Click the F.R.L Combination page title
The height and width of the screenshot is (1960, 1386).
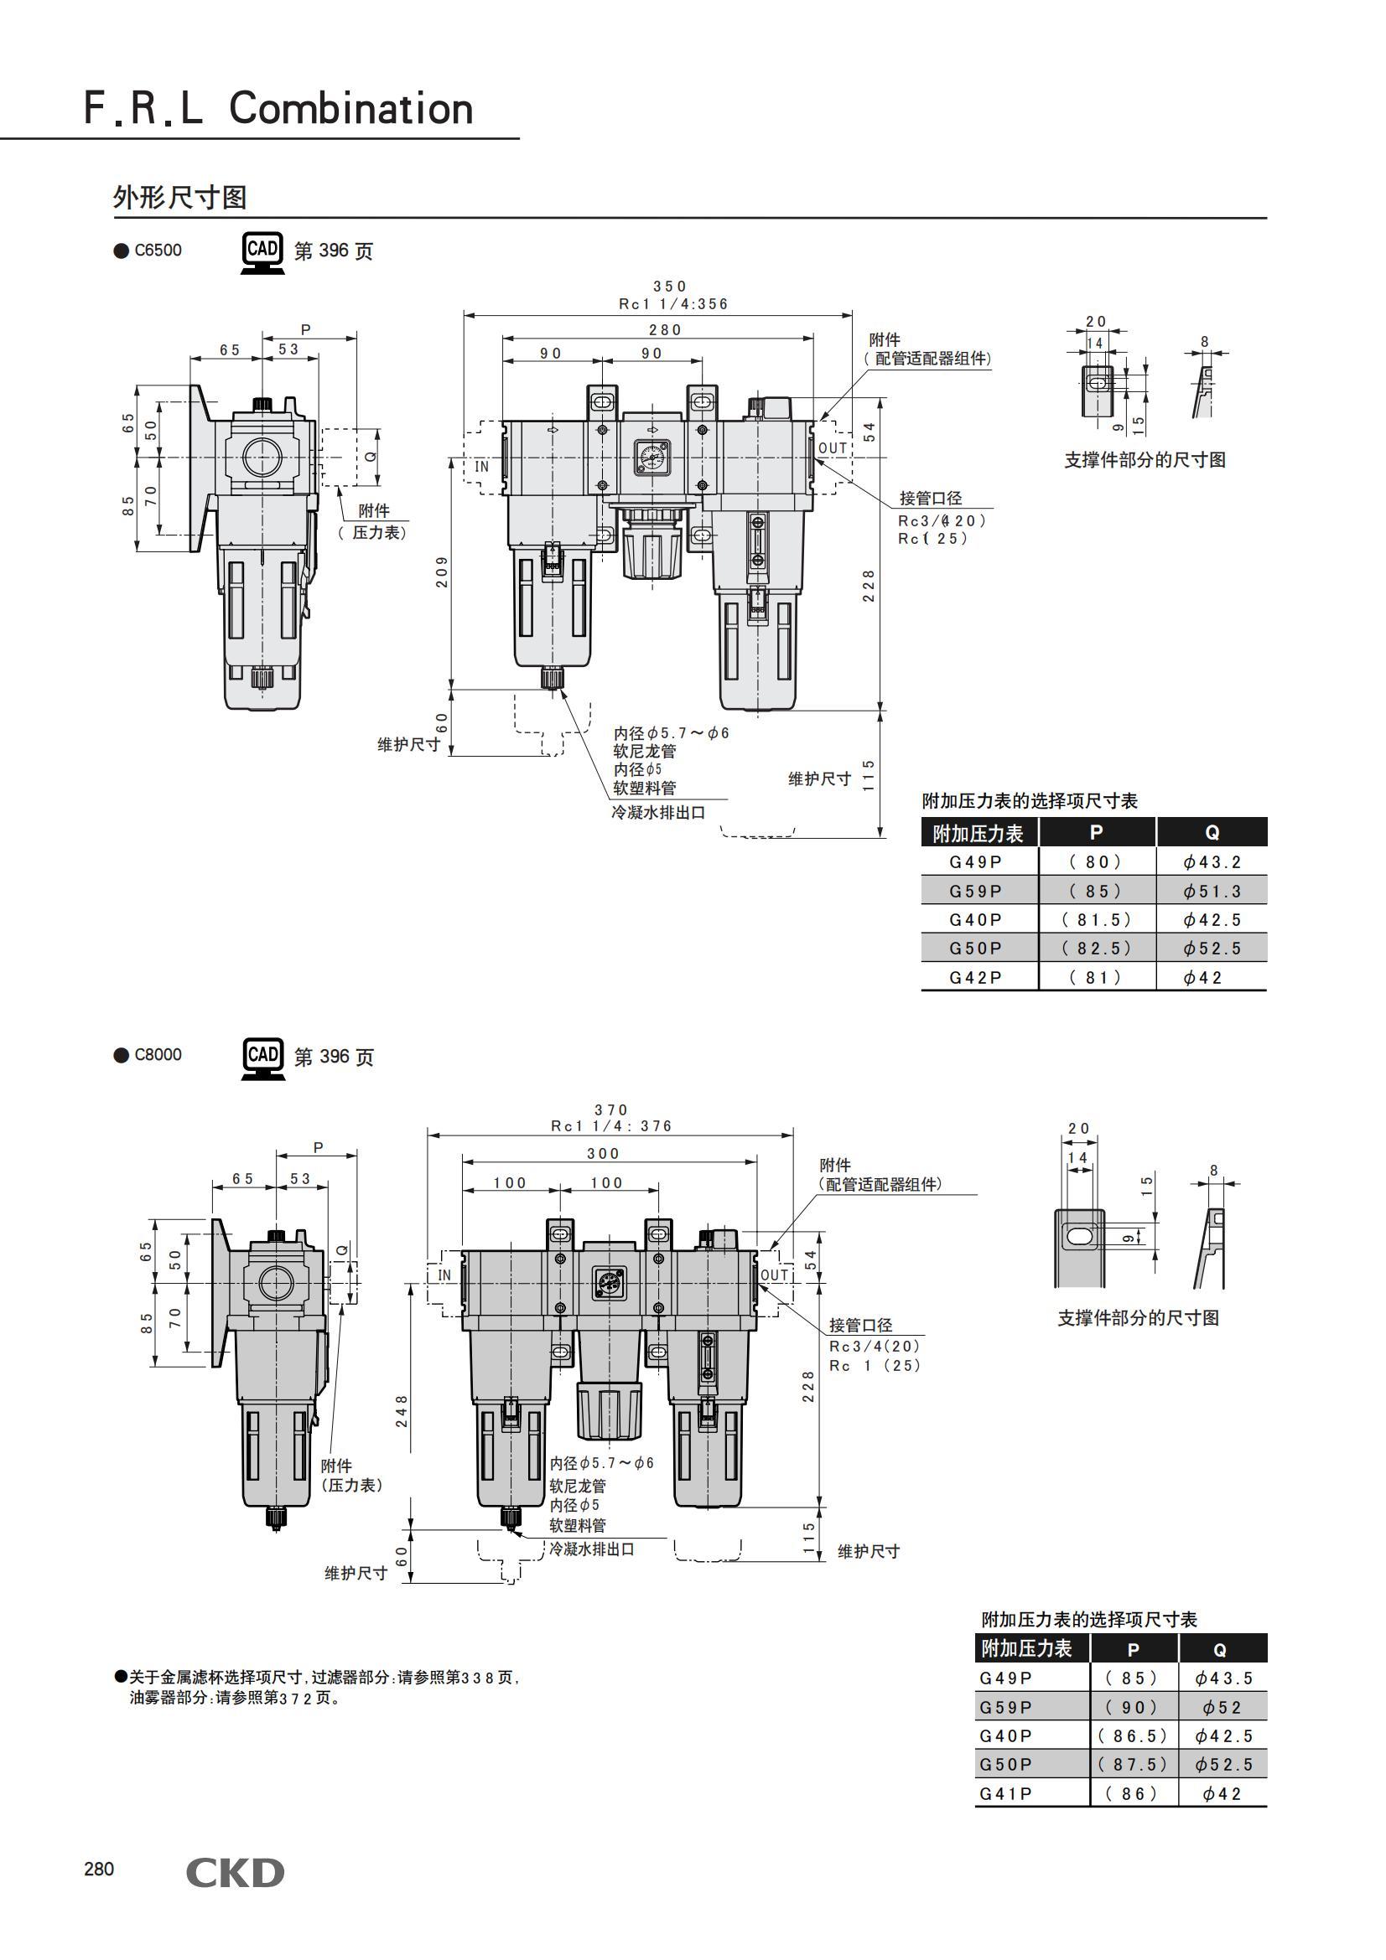(x=278, y=109)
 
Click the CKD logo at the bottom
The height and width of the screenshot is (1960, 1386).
(x=235, y=1873)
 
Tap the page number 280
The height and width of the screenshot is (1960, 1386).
(x=98, y=1869)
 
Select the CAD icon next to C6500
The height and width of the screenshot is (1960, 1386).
(x=262, y=252)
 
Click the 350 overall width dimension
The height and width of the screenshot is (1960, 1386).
(x=669, y=287)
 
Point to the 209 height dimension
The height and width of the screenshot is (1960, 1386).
(x=442, y=572)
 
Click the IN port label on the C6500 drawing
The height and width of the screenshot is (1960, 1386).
(x=481, y=466)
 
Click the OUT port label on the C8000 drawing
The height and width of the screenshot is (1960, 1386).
(x=775, y=1275)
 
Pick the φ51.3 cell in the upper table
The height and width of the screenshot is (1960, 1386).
(x=1212, y=892)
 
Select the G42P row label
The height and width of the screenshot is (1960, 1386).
(x=976, y=977)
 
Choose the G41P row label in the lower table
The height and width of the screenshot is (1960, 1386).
(x=1005, y=1793)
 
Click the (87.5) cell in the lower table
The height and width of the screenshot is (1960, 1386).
(x=1134, y=1764)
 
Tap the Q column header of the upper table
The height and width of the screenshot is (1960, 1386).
(x=1212, y=832)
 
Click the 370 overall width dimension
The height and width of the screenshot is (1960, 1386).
(x=610, y=1109)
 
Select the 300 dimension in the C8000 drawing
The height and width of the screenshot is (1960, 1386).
(x=603, y=1153)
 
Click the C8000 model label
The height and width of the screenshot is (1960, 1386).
(x=158, y=1054)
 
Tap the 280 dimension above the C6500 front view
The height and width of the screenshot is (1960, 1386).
(x=665, y=330)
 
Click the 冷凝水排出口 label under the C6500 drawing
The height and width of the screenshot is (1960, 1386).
(x=658, y=813)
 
